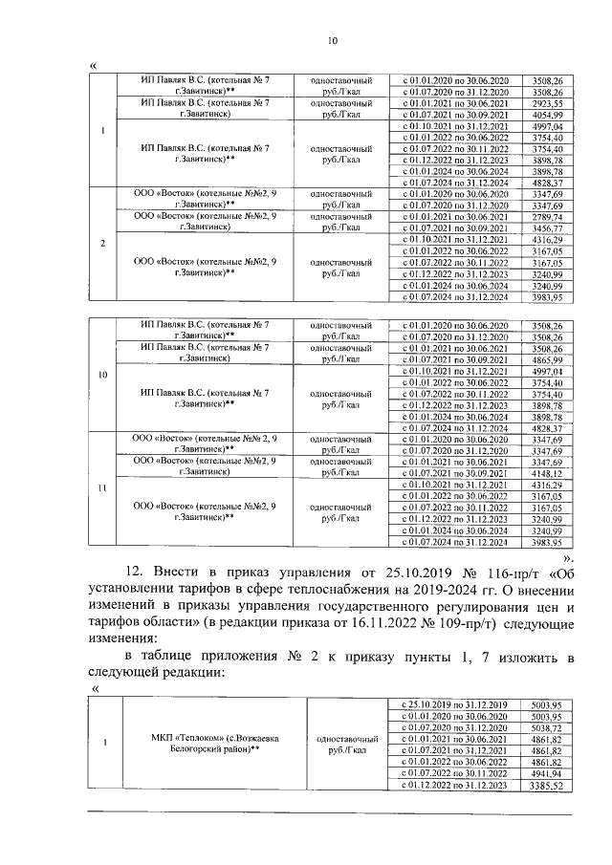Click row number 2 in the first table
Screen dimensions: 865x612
pyautogui.click(x=102, y=243)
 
